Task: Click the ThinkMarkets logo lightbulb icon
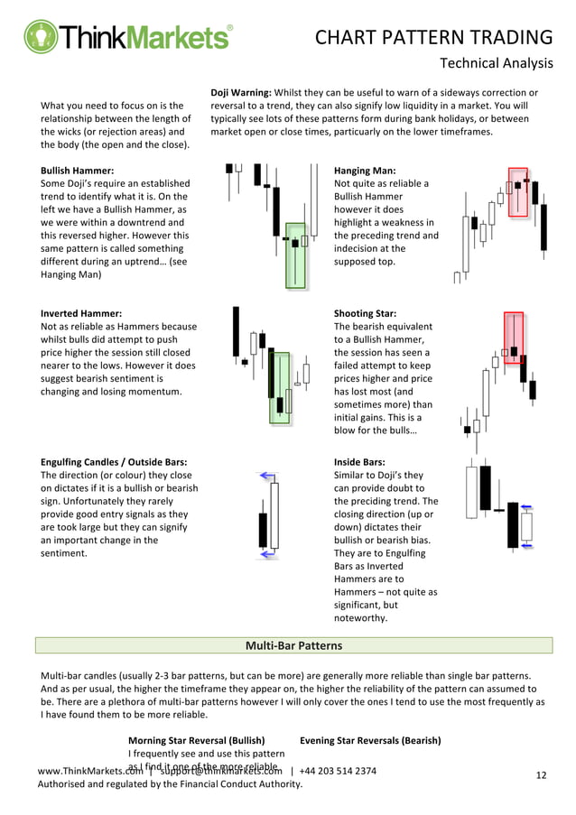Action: point(41,37)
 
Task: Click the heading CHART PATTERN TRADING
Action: point(433,37)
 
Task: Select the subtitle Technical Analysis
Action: point(496,62)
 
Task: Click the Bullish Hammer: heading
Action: point(78,171)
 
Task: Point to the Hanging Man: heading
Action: point(365,171)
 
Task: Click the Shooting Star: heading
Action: point(365,314)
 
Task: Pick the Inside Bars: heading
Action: point(360,462)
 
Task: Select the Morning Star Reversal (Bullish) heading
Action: point(196,740)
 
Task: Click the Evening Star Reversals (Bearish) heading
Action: point(370,740)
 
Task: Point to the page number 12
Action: point(542,775)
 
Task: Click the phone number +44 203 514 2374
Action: point(339,771)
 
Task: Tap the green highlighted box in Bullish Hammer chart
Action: point(296,255)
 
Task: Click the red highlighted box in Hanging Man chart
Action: point(518,191)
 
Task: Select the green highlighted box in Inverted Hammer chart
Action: point(280,388)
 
